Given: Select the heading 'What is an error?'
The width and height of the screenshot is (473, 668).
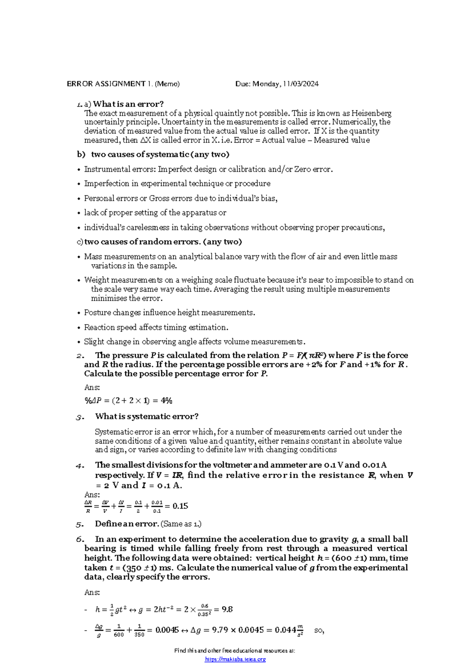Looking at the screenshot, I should click(128, 104).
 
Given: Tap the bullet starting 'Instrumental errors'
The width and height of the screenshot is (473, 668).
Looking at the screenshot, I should click(208, 169).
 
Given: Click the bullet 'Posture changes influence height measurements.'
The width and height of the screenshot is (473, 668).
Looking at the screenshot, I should click(169, 313).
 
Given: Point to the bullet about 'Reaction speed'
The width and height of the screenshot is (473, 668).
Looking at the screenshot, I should click(156, 327).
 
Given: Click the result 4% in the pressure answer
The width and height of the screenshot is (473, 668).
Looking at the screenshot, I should click(167, 401).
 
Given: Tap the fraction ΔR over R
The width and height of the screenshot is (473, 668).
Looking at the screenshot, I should click(88, 507).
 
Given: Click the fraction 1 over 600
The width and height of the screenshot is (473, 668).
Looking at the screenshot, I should click(119, 631).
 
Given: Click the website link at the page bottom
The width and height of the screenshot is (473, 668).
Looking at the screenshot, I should click(235, 659).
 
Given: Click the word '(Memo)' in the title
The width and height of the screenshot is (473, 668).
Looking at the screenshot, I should click(167, 84).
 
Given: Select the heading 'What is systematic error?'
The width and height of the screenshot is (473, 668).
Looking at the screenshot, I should click(147, 417).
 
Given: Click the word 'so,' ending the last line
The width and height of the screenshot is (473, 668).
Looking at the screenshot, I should click(319, 631).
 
